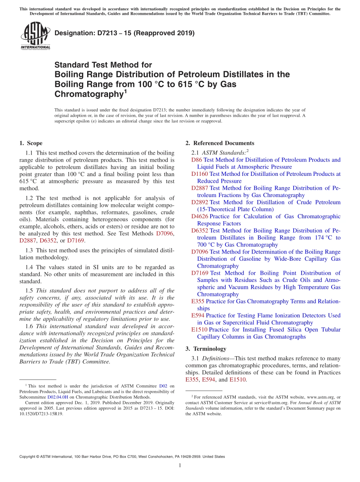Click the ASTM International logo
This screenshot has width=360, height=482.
(35, 36)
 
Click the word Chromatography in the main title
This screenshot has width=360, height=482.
(89, 94)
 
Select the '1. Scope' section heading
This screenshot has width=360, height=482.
(31, 143)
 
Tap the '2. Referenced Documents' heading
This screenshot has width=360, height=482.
(220, 143)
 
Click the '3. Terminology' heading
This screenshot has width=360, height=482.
(206, 349)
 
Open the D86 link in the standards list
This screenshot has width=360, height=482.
(196, 160)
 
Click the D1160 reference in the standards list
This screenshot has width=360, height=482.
(200, 174)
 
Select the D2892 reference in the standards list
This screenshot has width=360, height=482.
(200, 202)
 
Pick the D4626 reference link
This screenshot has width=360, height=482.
(200, 216)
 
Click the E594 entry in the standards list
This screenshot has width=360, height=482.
(197, 316)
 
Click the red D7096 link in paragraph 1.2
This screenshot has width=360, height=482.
(165, 233)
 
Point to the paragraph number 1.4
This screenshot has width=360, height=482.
(29, 268)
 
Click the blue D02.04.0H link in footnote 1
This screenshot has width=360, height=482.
(57, 397)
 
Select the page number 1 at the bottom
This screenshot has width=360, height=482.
(180, 466)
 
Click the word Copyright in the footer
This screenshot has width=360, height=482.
(29, 457)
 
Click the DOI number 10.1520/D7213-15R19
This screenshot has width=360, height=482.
(41, 414)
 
